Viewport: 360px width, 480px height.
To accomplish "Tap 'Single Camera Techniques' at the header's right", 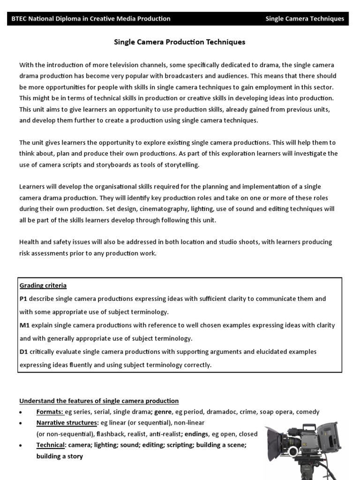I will [x=305, y=19].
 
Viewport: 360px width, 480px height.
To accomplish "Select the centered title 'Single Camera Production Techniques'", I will [x=180, y=42].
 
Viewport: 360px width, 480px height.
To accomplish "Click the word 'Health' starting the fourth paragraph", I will [x=29, y=242].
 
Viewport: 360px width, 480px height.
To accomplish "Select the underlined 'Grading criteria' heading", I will [x=43, y=285].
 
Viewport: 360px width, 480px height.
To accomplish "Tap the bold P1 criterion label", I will [x=24, y=299].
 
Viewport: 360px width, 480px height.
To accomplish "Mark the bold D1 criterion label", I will [x=24, y=352].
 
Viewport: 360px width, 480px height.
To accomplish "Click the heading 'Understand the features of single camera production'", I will [x=99, y=401].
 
